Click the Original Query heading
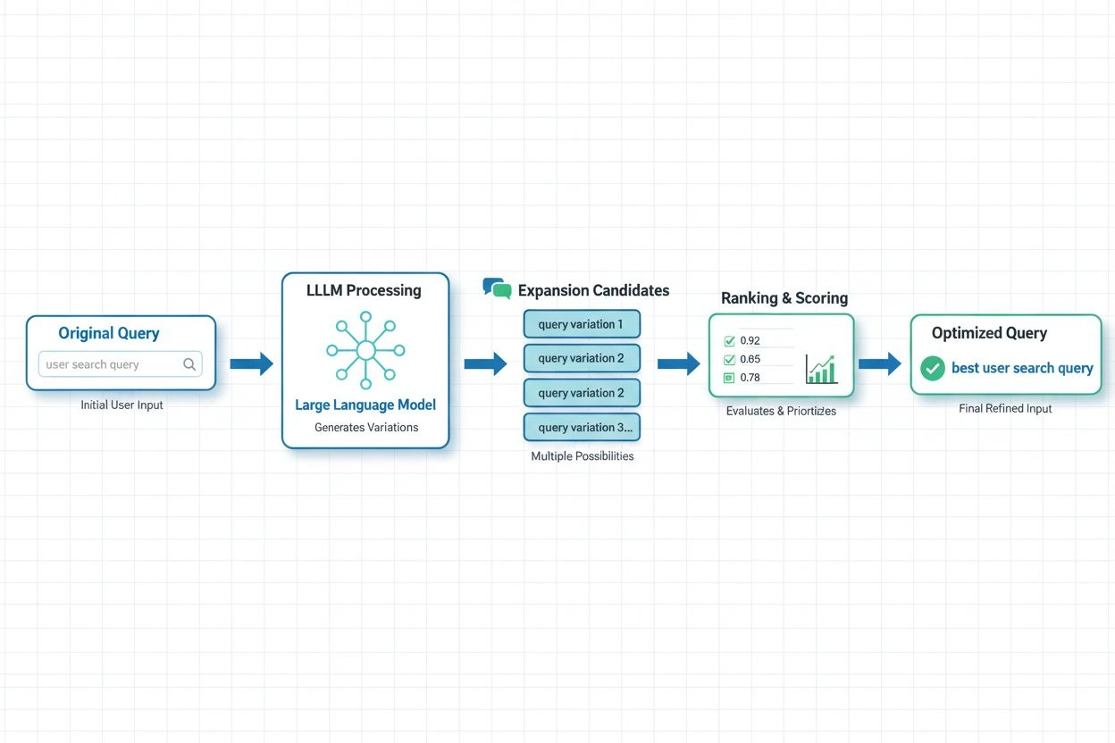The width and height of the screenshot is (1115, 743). [109, 333]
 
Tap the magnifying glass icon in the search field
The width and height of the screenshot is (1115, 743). [189, 364]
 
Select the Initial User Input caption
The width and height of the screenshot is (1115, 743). [122, 405]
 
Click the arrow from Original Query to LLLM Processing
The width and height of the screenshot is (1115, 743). [251, 363]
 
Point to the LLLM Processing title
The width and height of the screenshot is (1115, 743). [364, 290]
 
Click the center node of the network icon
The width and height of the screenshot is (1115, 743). [365, 350]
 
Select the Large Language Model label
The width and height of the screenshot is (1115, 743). [365, 405]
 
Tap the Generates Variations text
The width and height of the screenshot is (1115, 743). [365, 427]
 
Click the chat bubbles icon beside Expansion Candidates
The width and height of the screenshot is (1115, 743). [497, 288]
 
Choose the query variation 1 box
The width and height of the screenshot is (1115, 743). [581, 324]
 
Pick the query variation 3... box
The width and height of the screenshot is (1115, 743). [581, 427]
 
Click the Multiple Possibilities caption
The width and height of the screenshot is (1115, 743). [582, 455]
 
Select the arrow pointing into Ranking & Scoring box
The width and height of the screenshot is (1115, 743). [678, 363]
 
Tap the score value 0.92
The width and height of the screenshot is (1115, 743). [750, 340]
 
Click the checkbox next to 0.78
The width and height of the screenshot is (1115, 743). [728, 377]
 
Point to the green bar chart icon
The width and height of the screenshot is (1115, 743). [820, 368]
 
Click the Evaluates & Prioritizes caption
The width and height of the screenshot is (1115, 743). [781, 411]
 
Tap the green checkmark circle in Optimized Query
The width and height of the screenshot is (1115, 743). [933, 368]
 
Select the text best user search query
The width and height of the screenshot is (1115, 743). [1022, 368]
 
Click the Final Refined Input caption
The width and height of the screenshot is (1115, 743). [1005, 408]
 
